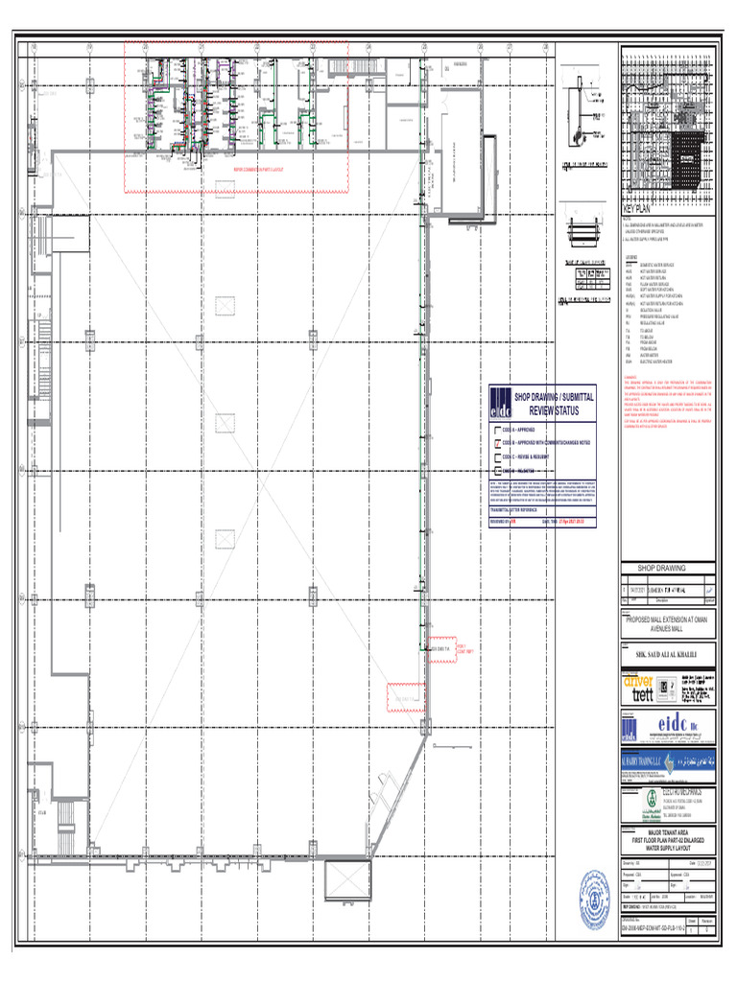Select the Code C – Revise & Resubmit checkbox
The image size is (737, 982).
[496, 456]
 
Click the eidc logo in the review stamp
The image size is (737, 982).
[500, 402]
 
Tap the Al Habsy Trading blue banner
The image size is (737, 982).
[668, 760]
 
